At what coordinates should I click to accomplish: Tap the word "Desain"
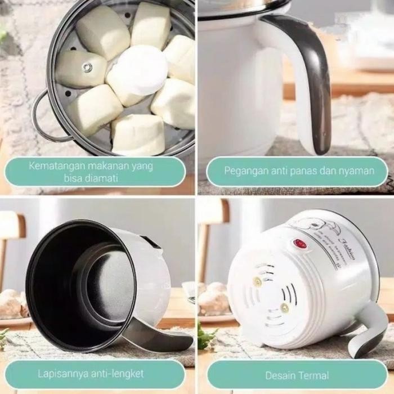tap(280, 374)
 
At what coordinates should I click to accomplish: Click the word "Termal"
tap(314, 374)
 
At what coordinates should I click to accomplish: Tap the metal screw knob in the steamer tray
tap(87, 68)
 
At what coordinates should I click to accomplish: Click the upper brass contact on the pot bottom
tap(257, 281)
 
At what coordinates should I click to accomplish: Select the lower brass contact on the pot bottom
tap(285, 307)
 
